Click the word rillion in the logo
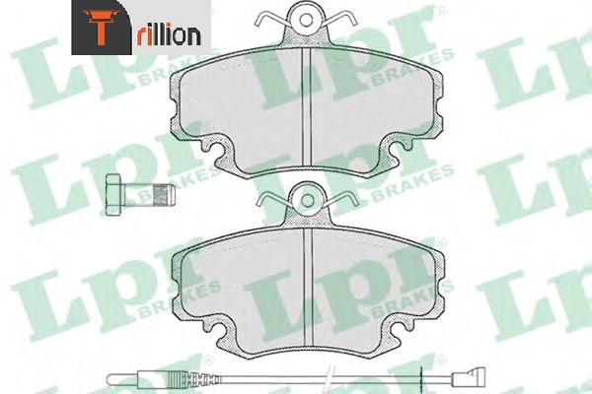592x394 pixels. coord(169,35)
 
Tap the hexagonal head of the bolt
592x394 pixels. coord(114,195)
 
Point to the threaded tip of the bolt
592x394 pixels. coord(164,195)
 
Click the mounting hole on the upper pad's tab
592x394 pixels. coord(306,20)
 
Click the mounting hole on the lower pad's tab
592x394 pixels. coord(307,201)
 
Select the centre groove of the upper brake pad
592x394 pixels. coord(306,108)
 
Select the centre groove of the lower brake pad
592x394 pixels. coord(309,288)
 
